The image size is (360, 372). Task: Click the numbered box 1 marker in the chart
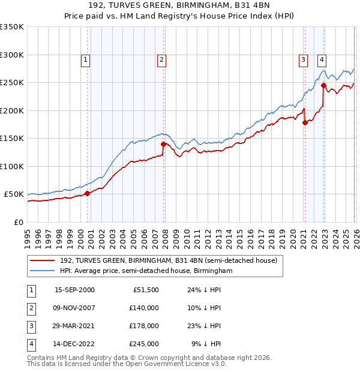[86, 59]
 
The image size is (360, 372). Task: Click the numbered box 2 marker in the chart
[162, 59]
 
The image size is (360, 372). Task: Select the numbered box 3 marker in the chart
[304, 59]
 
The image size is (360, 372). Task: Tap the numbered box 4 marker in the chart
[322, 59]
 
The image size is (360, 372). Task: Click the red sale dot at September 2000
[87, 193]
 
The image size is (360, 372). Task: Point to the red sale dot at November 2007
[163, 144]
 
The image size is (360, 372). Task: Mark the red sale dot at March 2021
[305, 123]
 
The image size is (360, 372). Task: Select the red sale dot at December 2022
[323, 85]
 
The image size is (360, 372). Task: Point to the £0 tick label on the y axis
[19, 223]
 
